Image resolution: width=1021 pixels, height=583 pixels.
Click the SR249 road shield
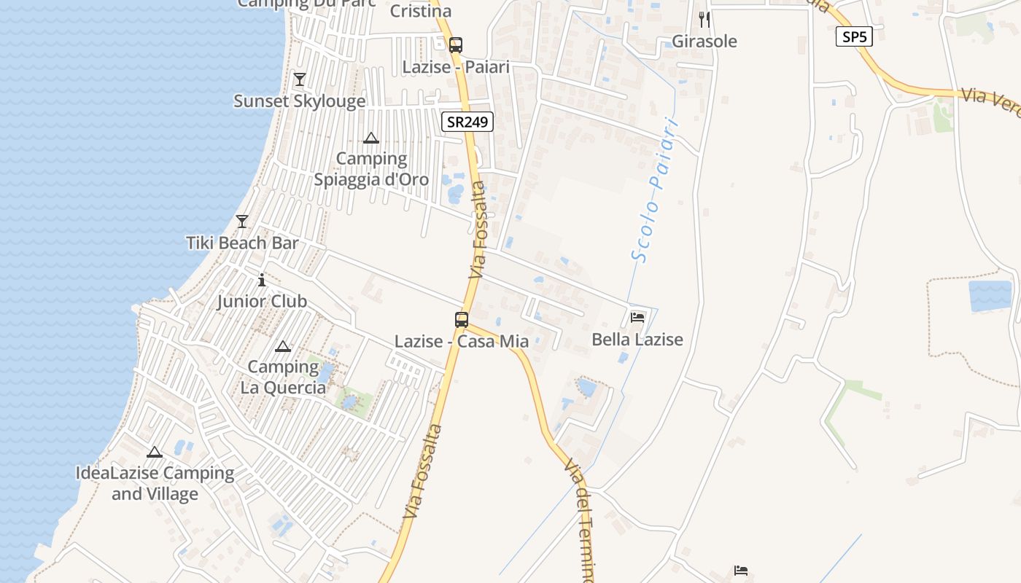[467, 122]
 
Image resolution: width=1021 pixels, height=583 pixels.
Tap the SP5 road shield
[854, 36]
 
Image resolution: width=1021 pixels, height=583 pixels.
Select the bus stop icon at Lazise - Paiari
[456, 44]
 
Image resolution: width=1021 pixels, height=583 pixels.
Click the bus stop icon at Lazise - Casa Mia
[462, 319]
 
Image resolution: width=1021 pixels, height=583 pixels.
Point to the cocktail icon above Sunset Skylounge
[299, 79]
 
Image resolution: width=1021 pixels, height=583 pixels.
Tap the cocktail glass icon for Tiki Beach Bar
[242, 221]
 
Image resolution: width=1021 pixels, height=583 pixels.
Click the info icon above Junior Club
[262, 280]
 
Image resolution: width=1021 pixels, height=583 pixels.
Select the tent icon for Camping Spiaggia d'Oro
[371, 138]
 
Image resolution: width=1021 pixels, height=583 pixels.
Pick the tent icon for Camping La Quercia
[283, 346]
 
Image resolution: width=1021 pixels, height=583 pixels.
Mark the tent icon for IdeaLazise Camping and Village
[155, 453]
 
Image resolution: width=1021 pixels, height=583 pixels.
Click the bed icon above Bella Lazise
[637, 318]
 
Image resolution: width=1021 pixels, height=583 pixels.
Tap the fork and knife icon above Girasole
[704, 20]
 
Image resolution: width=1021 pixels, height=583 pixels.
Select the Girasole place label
[704, 42]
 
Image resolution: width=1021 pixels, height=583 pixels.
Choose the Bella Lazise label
[637, 340]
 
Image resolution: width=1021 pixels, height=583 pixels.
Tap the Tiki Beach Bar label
[242, 243]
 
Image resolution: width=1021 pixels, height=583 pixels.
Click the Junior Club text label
[262, 301]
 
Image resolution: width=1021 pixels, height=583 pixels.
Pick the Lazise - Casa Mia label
[462, 341]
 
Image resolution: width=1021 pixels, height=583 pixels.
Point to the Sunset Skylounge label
[299, 101]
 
